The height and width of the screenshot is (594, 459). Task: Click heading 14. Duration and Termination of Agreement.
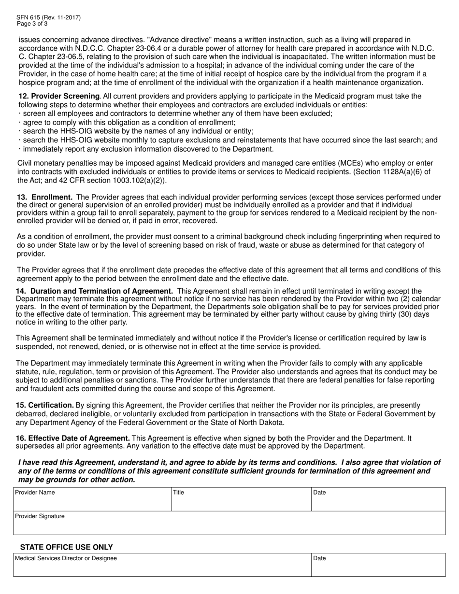pyautogui.click(x=95, y=291)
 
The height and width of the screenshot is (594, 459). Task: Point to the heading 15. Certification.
pyautogui.click(x=45, y=405)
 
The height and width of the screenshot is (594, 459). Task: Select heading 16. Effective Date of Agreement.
pyautogui.click(x=73, y=438)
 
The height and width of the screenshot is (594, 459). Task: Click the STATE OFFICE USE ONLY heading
pyautogui.click(x=66, y=547)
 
